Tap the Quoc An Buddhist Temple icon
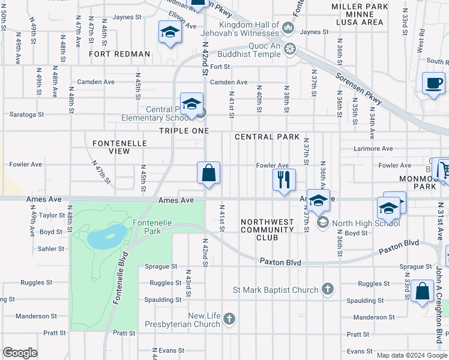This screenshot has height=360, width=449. pyautogui.click(x=291, y=49)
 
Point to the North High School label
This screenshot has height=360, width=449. pyautogui.click(x=366, y=223)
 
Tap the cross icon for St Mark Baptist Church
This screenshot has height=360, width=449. pyautogui.click(x=327, y=290)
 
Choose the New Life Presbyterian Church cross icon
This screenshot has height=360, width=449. pyautogui.click(x=229, y=320)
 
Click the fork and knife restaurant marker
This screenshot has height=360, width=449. pyautogui.click(x=283, y=179)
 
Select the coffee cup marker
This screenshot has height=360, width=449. pyautogui.click(x=433, y=83)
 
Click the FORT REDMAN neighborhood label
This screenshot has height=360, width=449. pyautogui.click(x=119, y=54)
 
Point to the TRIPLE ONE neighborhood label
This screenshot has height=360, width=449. pyautogui.click(x=184, y=131)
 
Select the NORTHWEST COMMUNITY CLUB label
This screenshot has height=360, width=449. pyautogui.click(x=267, y=229)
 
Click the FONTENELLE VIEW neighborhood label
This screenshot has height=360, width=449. pyautogui.click(x=111, y=147)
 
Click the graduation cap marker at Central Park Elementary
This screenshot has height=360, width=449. pyautogui.click(x=191, y=104)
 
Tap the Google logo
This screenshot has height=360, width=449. pyautogui.click(x=20, y=353)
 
